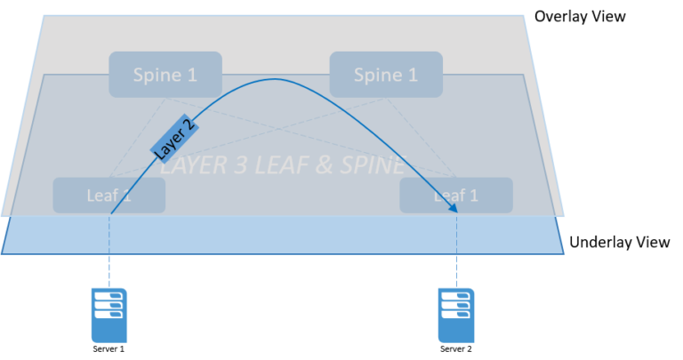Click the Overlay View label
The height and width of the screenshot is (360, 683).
coord(580,17)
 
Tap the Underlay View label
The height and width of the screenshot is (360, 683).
coord(619,242)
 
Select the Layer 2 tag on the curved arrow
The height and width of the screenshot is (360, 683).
coord(174,138)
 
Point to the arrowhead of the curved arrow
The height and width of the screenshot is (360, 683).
coord(453,208)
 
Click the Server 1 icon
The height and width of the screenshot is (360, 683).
coord(108,316)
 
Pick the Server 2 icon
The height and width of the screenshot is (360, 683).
coord(456,316)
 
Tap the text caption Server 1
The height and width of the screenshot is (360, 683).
coord(108,349)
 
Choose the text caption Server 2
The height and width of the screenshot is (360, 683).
coord(455,349)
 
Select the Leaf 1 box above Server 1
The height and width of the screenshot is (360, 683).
coord(108,195)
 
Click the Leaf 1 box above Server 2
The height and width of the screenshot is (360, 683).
coord(456,195)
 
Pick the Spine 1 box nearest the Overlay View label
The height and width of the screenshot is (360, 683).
coord(386,75)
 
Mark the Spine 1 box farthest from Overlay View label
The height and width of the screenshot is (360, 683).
coord(165,75)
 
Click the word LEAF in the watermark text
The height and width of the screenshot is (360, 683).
coord(284,165)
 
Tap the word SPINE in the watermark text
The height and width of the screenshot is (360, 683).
coord(374,165)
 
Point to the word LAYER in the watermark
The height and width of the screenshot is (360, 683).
coord(193,165)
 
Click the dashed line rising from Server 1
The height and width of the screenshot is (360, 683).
coord(108,251)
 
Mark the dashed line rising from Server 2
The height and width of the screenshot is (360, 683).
coord(456,251)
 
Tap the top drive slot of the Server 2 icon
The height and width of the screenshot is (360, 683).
coord(455,296)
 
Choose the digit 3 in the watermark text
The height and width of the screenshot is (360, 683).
coord(241,165)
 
